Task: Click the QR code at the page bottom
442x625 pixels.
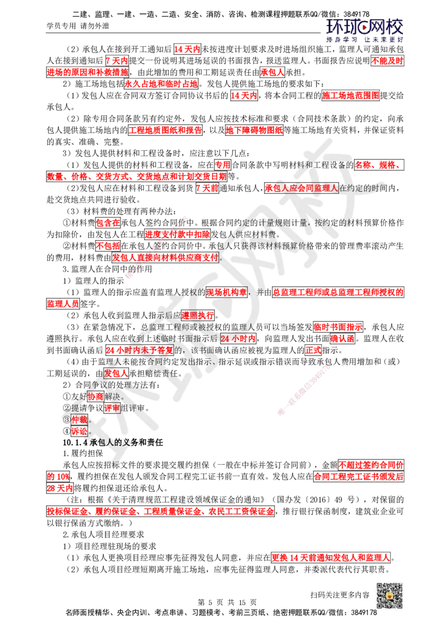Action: pos(390,595)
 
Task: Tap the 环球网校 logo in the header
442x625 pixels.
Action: pos(365,30)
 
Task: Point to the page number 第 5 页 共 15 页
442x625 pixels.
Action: pos(227,602)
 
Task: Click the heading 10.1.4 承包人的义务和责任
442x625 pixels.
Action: pos(113,442)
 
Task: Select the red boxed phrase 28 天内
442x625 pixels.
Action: pos(60,488)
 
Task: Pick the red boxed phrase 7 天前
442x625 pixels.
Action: pos(207,188)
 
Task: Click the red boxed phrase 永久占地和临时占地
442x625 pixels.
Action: pos(161,84)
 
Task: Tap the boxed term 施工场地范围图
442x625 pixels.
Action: pos(350,96)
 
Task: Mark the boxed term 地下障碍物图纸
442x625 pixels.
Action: pos(254,130)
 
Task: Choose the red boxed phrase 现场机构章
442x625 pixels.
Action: pos(226,292)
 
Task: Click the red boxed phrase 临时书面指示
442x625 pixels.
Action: pos(338,327)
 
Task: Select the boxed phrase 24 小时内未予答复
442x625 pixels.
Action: pos(140,350)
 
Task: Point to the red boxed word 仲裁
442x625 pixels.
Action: pos(80,419)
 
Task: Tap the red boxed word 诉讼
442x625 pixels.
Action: pos(80,431)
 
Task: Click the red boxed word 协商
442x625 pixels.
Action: pos(96,396)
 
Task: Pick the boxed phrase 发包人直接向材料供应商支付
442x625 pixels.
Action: pos(165,257)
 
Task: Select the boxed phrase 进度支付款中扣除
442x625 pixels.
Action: pos(177,234)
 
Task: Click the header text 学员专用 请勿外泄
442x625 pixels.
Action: pos(78,26)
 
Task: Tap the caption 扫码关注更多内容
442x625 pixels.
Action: pos(340,595)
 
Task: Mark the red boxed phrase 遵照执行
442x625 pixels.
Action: pos(198,315)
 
